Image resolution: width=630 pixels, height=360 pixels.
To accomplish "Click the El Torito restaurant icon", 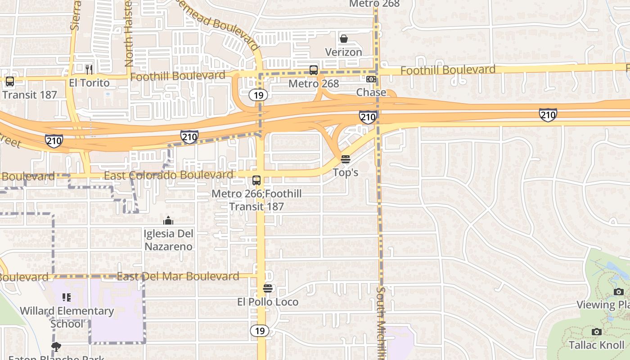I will (x=89, y=69).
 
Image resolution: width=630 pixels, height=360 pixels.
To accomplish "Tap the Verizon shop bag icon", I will (x=344, y=39).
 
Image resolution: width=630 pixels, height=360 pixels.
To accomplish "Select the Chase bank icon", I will (x=371, y=79).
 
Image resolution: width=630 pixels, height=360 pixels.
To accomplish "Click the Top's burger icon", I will (x=346, y=159).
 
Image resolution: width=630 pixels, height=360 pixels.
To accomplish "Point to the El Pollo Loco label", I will (x=268, y=301).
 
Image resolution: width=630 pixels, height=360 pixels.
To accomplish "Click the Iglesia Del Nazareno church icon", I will (x=168, y=220).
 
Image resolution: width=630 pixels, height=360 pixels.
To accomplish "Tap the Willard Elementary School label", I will (x=67, y=317).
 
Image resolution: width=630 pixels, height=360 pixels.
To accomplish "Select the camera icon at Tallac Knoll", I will (x=597, y=332).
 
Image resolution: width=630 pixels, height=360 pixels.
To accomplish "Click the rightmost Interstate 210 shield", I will (x=548, y=115).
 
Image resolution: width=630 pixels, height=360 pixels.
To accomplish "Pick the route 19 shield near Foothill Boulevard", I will (x=259, y=95).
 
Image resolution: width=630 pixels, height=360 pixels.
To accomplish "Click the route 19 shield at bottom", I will (x=259, y=331).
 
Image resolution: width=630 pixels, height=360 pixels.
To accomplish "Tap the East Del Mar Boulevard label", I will (x=178, y=276).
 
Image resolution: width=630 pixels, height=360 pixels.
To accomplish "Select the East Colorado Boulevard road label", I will (x=168, y=175).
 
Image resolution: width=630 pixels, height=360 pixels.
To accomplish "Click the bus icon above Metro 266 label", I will (x=256, y=180).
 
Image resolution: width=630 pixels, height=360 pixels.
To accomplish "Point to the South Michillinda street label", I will (x=381, y=322).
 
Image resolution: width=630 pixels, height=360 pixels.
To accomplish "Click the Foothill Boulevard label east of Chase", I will (x=448, y=70).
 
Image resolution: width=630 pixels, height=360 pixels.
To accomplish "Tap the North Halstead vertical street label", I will (x=129, y=34).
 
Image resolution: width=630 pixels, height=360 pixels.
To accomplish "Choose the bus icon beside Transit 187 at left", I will (x=10, y=81).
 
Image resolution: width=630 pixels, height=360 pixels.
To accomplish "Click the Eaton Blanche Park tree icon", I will (x=56, y=347).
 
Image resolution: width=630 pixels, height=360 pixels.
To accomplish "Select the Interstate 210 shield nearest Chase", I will (x=368, y=117).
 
